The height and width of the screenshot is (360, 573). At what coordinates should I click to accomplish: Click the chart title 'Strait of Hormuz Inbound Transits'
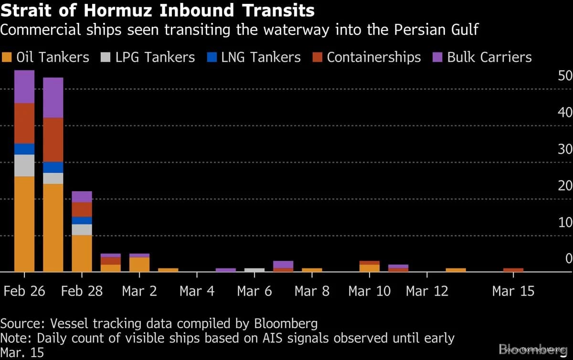[158, 11]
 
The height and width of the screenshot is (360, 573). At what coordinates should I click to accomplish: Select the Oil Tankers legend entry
[46, 57]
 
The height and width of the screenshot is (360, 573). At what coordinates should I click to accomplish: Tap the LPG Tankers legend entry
[148, 57]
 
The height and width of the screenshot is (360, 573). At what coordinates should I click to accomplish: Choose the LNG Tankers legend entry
[254, 57]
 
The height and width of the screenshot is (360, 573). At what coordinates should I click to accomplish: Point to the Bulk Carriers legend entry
[482, 57]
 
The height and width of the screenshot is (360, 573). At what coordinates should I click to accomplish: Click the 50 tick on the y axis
[565, 76]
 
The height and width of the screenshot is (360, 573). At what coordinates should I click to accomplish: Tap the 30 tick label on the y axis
[565, 149]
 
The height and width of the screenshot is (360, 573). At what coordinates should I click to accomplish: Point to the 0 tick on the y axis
[568, 259]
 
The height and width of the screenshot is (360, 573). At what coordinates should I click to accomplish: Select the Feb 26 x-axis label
[24, 291]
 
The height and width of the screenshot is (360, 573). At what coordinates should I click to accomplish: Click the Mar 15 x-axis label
[513, 291]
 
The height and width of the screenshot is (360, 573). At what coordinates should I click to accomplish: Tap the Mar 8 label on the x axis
[312, 291]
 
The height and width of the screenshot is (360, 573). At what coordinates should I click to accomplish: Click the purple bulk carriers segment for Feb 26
[24, 86]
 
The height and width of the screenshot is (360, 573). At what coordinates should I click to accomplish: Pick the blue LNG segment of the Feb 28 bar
[82, 221]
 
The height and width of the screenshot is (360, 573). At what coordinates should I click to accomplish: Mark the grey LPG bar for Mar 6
[255, 270]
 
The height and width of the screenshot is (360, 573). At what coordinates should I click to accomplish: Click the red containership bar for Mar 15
[513, 270]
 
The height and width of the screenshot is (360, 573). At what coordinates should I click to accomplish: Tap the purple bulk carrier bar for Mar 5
[226, 270]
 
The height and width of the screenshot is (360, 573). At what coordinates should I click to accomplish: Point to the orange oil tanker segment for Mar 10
[370, 268]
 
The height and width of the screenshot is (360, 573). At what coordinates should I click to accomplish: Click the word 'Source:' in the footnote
[19, 323]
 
